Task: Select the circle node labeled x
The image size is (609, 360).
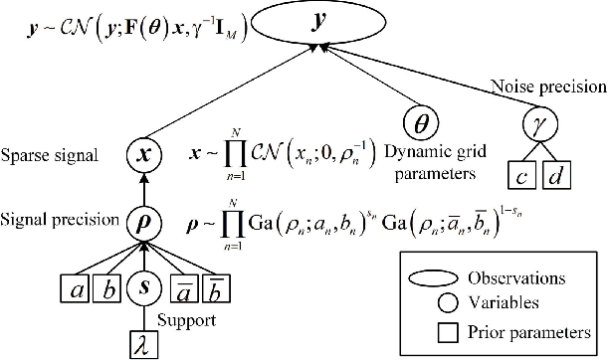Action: click(x=143, y=157)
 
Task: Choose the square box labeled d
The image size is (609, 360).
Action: click(x=558, y=176)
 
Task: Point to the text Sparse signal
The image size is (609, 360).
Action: click(x=47, y=157)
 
